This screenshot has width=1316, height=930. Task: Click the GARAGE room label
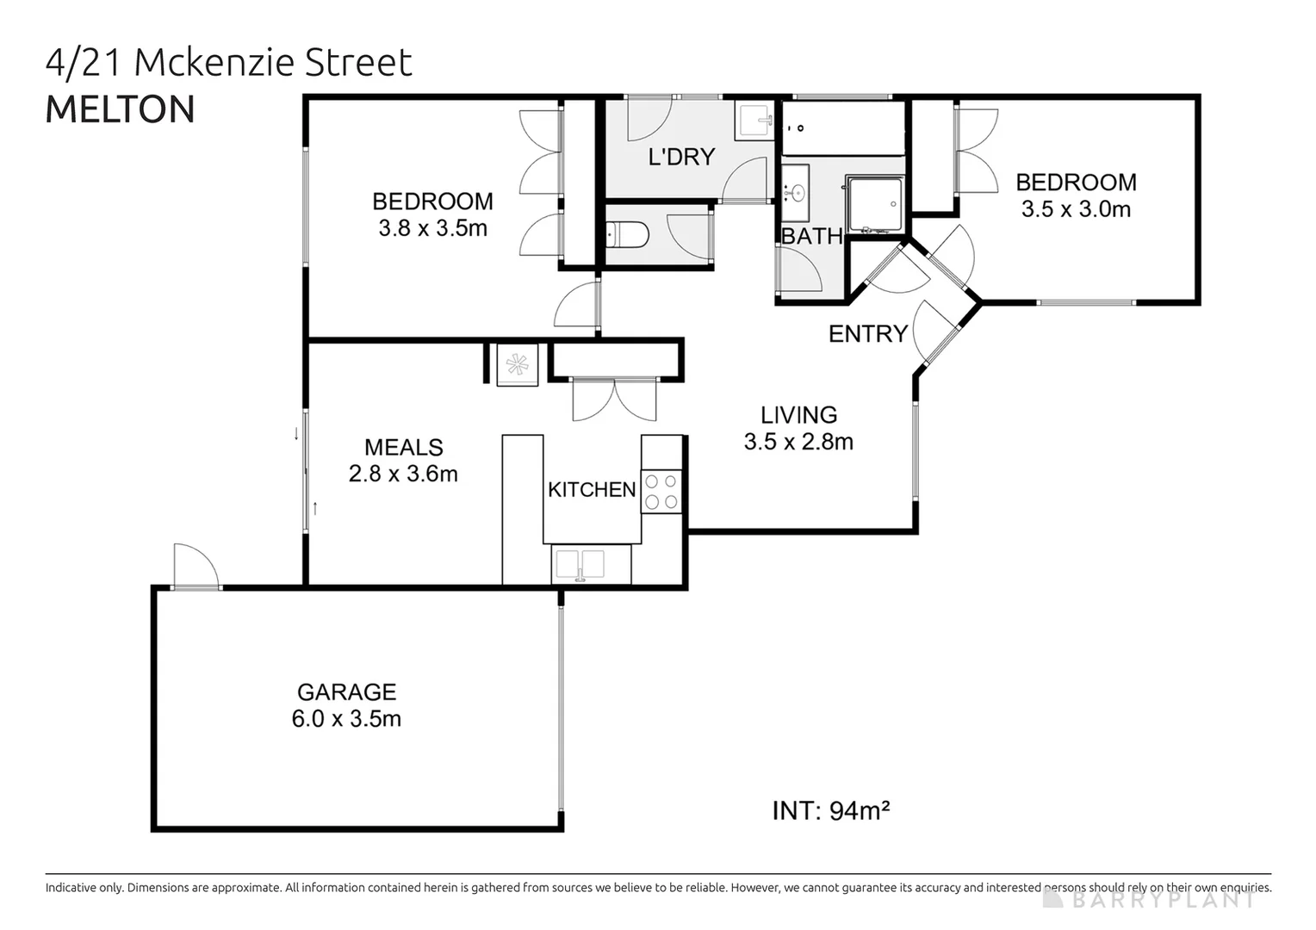[346, 691]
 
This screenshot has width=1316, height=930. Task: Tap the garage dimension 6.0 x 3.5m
[346, 718]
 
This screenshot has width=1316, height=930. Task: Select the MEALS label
[403, 447]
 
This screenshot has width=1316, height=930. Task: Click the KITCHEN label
[592, 489]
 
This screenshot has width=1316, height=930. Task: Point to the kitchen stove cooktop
[661, 492]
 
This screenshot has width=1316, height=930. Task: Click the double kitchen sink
[580, 565]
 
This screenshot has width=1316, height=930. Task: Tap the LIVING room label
[798, 415]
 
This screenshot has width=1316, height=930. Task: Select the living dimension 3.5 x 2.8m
[798, 442]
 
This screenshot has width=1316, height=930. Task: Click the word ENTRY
[868, 334]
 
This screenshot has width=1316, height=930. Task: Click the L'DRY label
[681, 157]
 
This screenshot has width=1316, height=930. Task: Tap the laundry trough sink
[755, 121]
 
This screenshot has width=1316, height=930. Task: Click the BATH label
[811, 236]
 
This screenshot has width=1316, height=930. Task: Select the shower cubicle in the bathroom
[874, 205]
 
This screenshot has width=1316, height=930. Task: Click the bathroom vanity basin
[795, 192]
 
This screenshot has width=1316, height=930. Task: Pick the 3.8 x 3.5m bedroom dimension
[432, 228]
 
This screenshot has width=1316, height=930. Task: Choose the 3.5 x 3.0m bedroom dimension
[1076, 209]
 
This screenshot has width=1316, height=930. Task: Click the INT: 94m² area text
[830, 810]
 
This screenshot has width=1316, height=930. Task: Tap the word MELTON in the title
[120, 109]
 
